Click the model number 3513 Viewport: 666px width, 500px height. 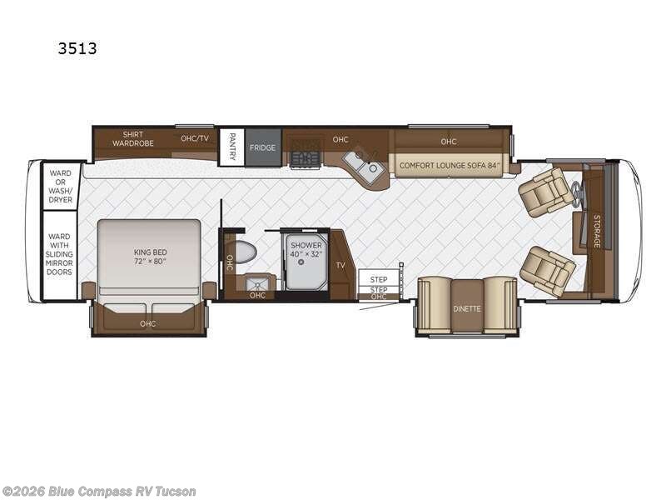[77, 48]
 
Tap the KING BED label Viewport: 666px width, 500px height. [150, 255]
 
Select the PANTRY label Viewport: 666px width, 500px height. [231, 147]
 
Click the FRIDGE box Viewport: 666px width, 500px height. [262, 147]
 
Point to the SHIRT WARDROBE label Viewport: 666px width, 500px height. [133, 139]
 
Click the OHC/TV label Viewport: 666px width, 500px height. [195, 138]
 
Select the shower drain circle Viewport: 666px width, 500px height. [301, 262]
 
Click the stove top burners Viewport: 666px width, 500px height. [304, 157]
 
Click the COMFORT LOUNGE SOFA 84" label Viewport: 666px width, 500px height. [449, 165]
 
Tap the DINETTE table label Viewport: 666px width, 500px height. [467, 308]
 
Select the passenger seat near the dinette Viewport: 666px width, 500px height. [547, 271]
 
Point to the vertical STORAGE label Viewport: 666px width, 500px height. [596, 230]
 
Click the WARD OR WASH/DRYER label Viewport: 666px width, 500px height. [61, 186]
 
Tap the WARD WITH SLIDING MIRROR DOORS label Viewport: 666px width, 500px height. [61, 255]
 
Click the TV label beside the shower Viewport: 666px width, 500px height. [340, 265]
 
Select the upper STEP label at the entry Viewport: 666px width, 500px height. [379, 279]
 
